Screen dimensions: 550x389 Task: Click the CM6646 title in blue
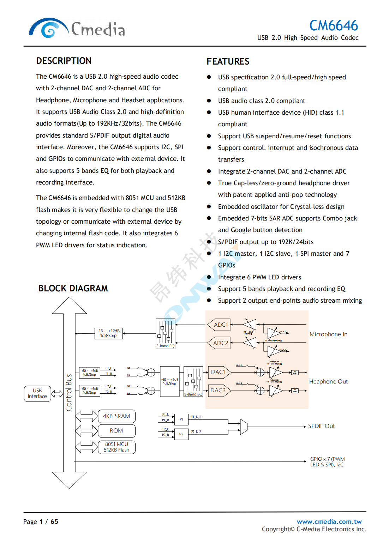pyautogui.click(x=334, y=25)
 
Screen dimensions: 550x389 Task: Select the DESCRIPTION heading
pyautogui.click(x=64, y=61)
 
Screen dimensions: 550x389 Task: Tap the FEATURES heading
pyautogui.click(x=228, y=61)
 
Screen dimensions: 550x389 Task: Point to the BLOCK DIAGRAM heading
pyautogui.click(x=73, y=288)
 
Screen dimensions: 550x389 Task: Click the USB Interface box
pyautogui.click(x=37, y=393)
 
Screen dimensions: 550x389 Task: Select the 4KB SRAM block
pyautogui.click(x=116, y=416)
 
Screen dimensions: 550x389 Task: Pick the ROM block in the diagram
pyautogui.click(x=116, y=431)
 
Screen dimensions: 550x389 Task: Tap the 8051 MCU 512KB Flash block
pyautogui.click(x=116, y=447)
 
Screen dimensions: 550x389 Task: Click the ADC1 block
pyautogui.click(x=221, y=325)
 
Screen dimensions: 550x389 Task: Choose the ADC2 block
pyautogui.click(x=221, y=343)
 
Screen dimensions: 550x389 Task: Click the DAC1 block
pyautogui.click(x=219, y=372)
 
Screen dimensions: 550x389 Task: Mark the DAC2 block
pyautogui.click(x=219, y=390)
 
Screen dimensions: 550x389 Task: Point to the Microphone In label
pyautogui.click(x=328, y=334)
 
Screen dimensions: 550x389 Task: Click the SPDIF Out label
pyautogui.click(x=321, y=426)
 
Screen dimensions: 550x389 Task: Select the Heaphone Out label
pyautogui.click(x=328, y=381)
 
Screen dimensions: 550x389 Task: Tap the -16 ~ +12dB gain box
pyautogui.click(x=108, y=333)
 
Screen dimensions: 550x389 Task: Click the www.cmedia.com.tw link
pyautogui.click(x=329, y=521)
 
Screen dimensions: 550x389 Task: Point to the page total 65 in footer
pyautogui.click(x=54, y=521)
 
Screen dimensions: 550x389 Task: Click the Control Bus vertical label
pyautogui.click(x=69, y=392)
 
